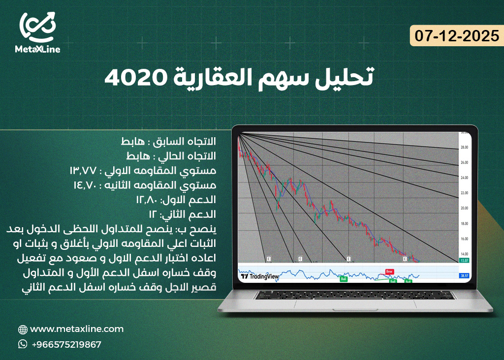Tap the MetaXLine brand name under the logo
(x=38, y=50)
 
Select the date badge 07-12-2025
(x=457, y=36)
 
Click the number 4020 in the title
(x=130, y=78)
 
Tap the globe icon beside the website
(x=23, y=330)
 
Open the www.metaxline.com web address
(x=77, y=329)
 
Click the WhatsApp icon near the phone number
(x=23, y=344)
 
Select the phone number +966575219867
(x=66, y=344)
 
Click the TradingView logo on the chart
(x=260, y=276)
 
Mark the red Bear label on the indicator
(x=389, y=271)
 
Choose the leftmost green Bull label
(x=344, y=279)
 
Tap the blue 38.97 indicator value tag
(x=463, y=276)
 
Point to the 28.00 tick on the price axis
(x=463, y=148)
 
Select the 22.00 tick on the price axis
(x=463, y=193)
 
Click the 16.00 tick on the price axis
(x=463, y=239)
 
